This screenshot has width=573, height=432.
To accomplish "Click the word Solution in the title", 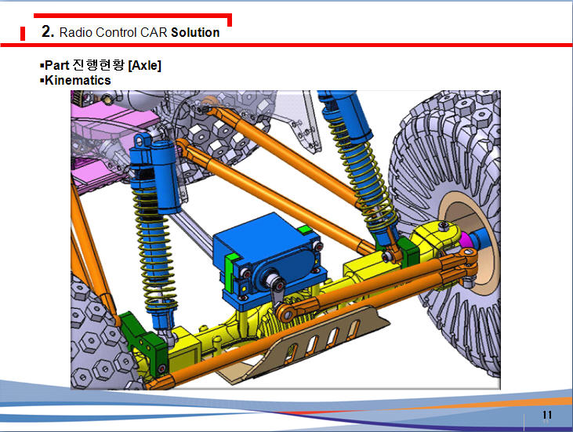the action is tap(195, 32).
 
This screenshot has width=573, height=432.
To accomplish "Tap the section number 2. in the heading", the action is tap(48, 31).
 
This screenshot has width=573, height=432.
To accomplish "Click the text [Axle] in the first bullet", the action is tap(145, 65).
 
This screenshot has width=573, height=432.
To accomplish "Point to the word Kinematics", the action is tap(78, 81).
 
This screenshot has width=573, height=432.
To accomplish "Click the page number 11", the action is tap(547, 415).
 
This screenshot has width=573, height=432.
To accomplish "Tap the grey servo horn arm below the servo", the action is tap(277, 292).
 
